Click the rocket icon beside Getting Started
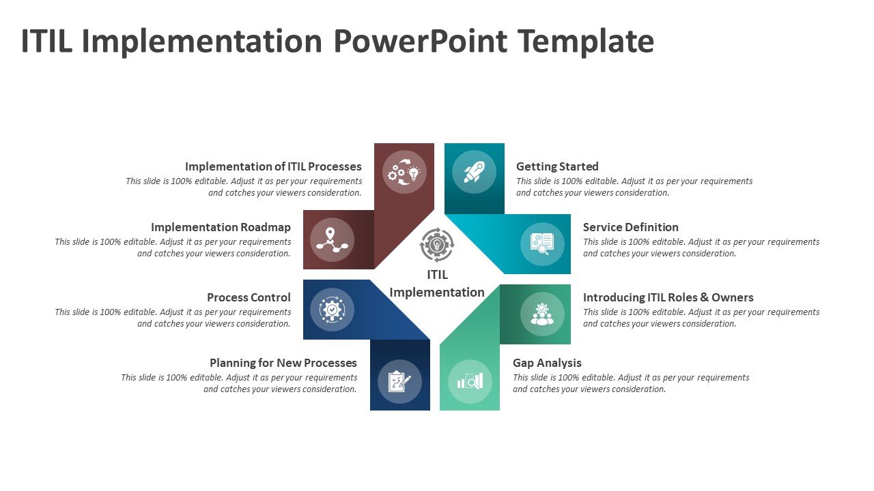[x=474, y=172]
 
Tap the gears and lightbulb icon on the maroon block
[x=404, y=172]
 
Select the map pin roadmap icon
[x=332, y=239]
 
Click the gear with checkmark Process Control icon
[x=332, y=310]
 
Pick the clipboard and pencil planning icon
[x=399, y=381]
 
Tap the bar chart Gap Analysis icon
[x=470, y=381]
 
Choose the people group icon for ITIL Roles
[x=542, y=314]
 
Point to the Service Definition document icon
[x=542, y=243]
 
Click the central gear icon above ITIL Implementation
[x=437, y=245]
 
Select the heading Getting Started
[x=557, y=166]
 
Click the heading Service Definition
[x=630, y=227]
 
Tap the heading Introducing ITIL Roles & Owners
[x=668, y=297]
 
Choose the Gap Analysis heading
[x=547, y=363]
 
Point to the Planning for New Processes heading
[x=283, y=363]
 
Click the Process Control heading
[x=249, y=297]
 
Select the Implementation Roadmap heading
[x=221, y=227]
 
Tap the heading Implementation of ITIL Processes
[x=273, y=166]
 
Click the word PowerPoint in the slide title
[x=421, y=42]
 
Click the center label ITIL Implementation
[x=437, y=284]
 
